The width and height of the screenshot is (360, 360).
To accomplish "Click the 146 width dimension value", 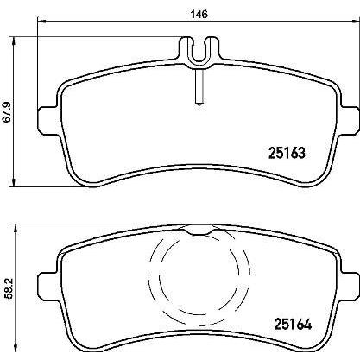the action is pyautogui.click(x=199, y=14).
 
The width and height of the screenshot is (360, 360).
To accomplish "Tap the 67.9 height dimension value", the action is pyautogui.click(x=8, y=111).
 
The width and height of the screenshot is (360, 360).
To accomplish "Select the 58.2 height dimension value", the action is pyautogui.click(x=9, y=288).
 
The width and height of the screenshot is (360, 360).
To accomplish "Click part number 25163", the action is pyautogui.click(x=287, y=153).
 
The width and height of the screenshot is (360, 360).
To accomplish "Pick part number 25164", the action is pyautogui.click(x=293, y=325).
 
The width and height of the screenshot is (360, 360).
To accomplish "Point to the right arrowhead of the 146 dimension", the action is pyautogui.click(x=356, y=21).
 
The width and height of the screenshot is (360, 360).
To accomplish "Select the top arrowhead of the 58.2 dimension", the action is pyautogui.click(x=16, y=229).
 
